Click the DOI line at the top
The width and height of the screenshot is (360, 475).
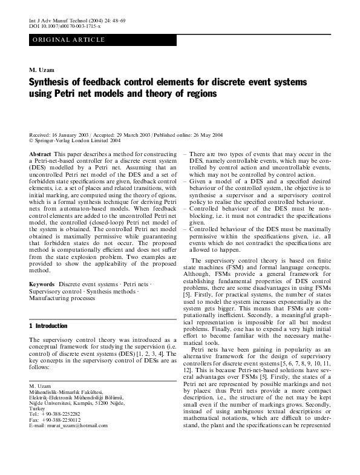[65, 27]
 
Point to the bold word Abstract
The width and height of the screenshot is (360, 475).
[40, 156]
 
